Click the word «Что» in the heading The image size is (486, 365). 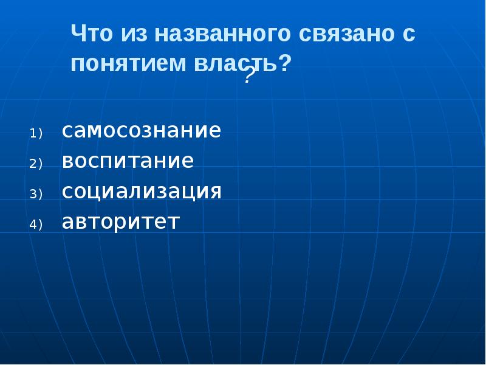[92, 34]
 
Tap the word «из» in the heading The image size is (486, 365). [132, 34]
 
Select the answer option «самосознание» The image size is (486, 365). [141, 131]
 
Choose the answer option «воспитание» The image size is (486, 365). [128, 162]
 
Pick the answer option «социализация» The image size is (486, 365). [142, 192]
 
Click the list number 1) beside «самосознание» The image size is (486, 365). [35, 133]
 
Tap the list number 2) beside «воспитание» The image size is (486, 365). [35, 164]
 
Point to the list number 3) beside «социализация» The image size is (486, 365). [35, 194]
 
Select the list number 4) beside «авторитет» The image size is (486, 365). [35, 224]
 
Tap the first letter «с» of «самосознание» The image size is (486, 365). [67, 132]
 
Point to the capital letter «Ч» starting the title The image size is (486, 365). [78, 34]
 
